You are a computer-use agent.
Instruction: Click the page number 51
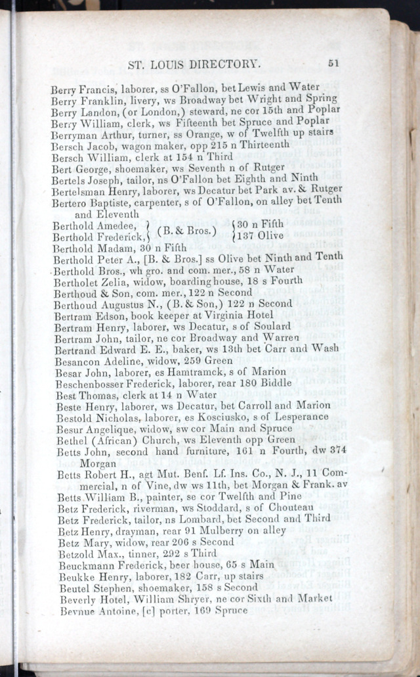tap(333, 64)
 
